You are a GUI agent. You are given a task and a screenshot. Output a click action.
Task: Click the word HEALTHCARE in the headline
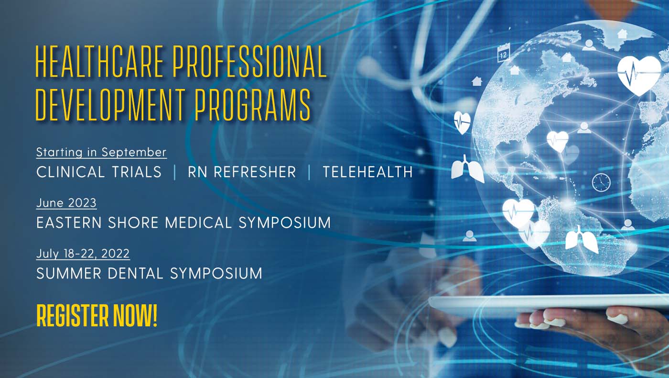99,62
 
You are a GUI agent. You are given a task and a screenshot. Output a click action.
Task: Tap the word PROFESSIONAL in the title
249,62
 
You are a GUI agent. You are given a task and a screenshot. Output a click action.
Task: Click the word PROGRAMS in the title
253,104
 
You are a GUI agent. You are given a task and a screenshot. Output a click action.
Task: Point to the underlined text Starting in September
101,153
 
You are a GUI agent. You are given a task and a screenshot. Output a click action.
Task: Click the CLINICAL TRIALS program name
99,172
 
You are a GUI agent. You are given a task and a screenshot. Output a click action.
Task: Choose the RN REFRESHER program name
242,172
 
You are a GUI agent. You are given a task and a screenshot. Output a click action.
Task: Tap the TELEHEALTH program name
367,172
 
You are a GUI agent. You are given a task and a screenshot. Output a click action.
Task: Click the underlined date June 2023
66,203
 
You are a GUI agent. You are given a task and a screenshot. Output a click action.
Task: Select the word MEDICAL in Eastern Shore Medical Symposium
198,223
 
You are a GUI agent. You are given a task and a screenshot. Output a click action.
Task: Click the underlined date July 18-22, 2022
83,254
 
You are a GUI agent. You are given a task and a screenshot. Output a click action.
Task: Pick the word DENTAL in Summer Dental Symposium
136,273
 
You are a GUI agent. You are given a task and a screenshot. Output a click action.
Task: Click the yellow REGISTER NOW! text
97,316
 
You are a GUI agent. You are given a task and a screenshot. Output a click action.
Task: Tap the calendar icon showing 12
504,53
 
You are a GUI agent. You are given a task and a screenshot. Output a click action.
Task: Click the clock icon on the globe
601,182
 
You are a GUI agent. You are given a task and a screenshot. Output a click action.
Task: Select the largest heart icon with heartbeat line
639,76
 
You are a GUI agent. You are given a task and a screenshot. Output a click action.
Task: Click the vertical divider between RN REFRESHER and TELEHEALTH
310,173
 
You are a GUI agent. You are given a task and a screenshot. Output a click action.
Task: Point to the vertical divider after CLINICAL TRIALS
175,173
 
